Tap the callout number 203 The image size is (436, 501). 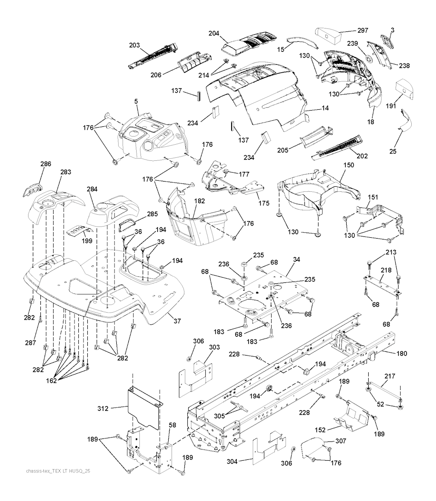(x=135, y=45)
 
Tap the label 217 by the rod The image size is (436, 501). (x=390, y=376)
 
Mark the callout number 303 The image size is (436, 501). (x=214, y=347)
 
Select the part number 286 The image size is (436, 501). (x=46, y=163)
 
